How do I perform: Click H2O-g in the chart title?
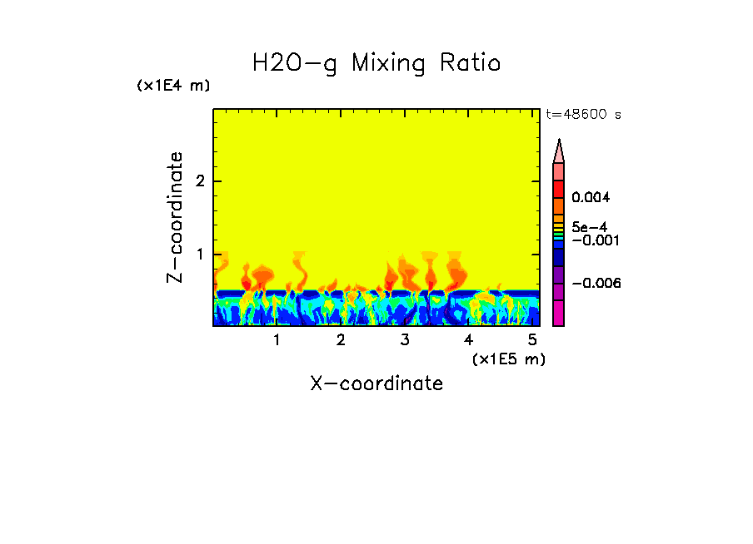coord(295,64)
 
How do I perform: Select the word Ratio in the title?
coord(471,64)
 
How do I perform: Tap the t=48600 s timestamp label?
coord(583,115)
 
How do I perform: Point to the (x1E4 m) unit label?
coord(173,86)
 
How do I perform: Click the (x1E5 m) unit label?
coord(508,359)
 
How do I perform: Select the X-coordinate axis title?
coord(376,383)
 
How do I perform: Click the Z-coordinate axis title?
coord(175,217)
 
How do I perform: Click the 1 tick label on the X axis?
coord(277,340)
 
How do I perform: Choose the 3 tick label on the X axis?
coord(405,340)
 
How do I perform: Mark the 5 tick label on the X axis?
coord(532,340)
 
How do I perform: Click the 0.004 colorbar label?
coord(591,198)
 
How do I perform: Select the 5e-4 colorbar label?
coord(590,226)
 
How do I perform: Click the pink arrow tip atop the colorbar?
coord(559,151)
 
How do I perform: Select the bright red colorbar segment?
coord(559,188)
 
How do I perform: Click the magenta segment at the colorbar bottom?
coord(559,313)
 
